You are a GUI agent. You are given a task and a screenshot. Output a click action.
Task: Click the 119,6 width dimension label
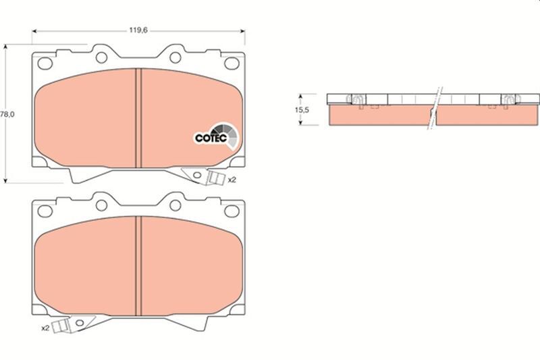point(139,30)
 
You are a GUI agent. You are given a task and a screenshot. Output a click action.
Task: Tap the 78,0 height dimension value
point(7,115)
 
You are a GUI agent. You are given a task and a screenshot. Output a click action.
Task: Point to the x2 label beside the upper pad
point(232,180)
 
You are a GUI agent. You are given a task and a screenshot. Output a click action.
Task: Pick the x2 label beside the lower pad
point(46,328)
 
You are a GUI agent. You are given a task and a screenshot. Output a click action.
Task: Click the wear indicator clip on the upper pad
point(215,178)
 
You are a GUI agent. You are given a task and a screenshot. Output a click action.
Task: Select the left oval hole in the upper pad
point(46,63)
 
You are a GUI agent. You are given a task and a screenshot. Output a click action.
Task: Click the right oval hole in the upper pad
point(231,63)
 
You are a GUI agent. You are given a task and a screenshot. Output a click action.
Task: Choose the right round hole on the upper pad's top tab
point(174,55)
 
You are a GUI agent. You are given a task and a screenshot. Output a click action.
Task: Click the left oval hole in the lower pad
point(46,211)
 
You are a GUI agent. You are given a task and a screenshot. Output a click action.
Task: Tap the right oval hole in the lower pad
point(231,211)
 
